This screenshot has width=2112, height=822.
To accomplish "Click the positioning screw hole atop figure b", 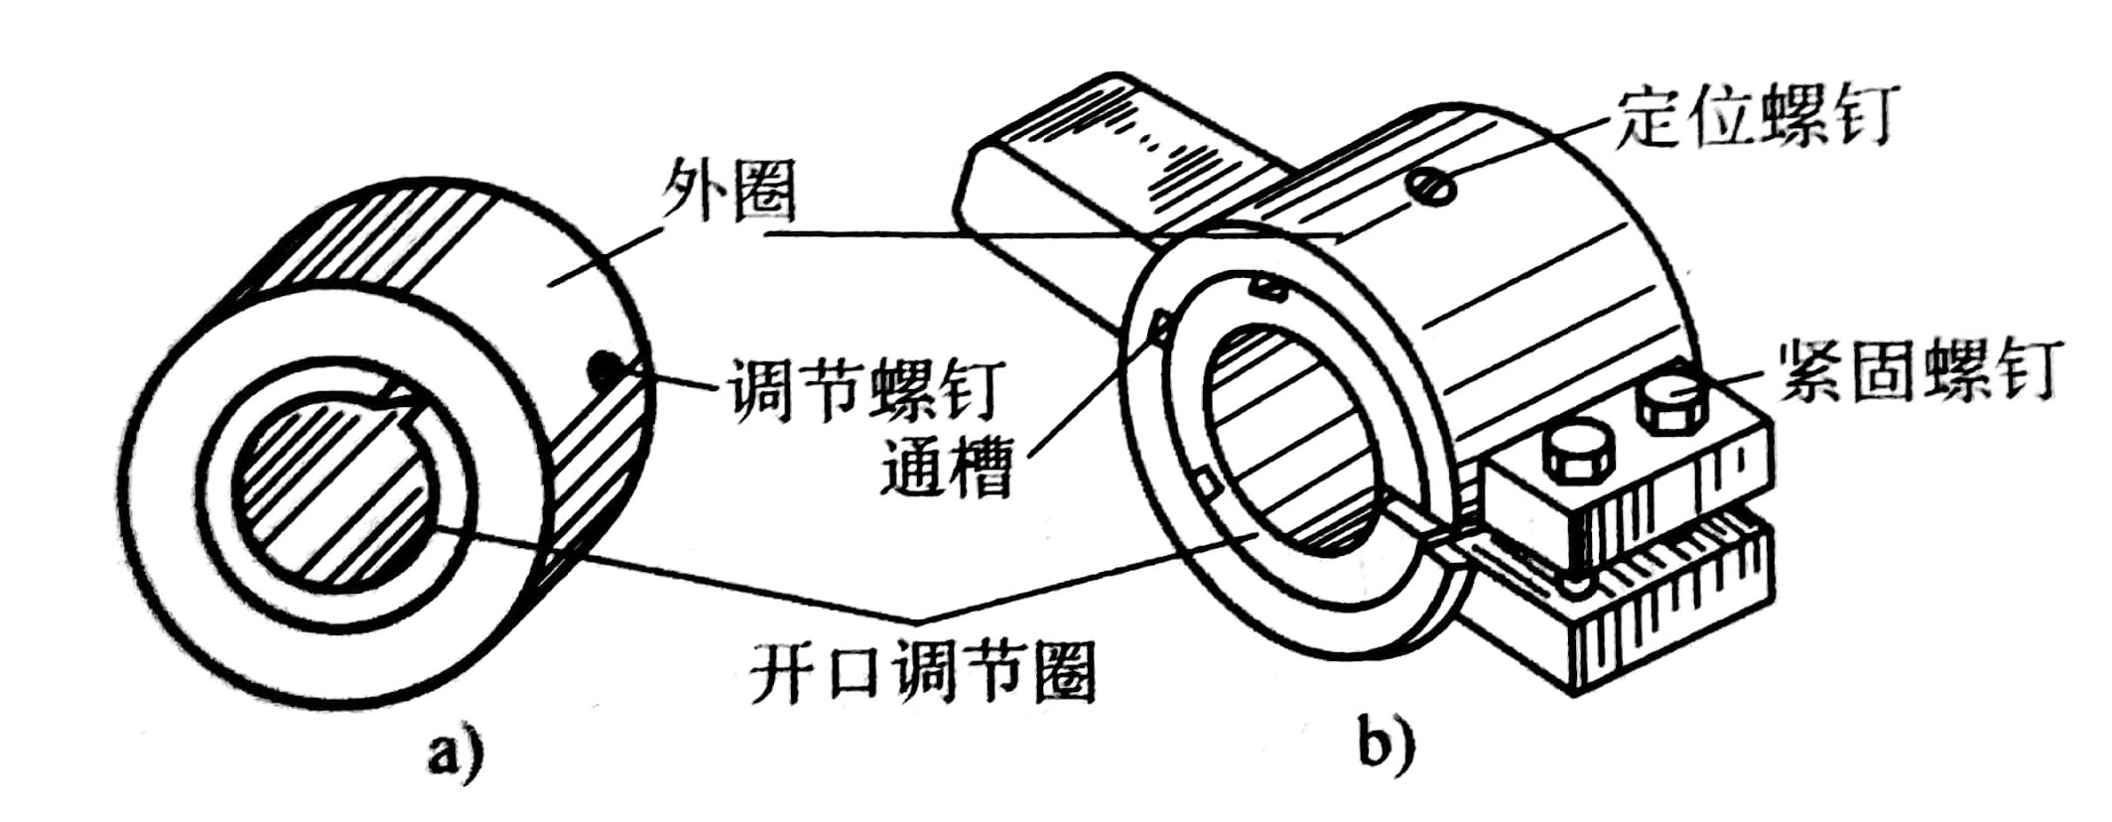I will (x=1432, y=186).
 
